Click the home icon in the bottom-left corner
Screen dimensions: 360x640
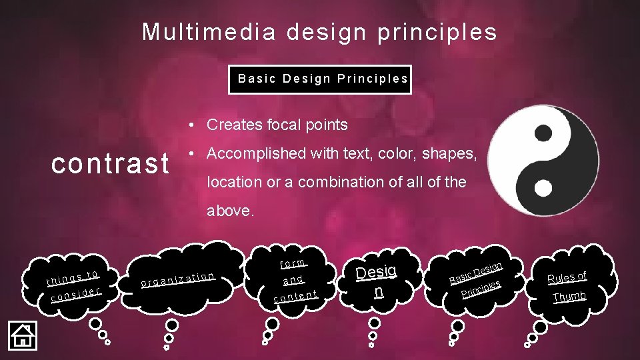click(x=22, y=335)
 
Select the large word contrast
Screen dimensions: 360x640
click(x=111, y=163)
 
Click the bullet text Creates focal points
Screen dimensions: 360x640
click(x=277, y=125)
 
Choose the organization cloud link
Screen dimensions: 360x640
click(x=178, y=279)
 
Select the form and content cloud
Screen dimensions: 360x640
click(x=293, y=279)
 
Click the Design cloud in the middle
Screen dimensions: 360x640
click(x=377, y=281)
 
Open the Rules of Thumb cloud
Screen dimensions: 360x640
click(x=567, y=286)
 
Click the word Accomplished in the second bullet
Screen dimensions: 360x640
click(x=250, y=154)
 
